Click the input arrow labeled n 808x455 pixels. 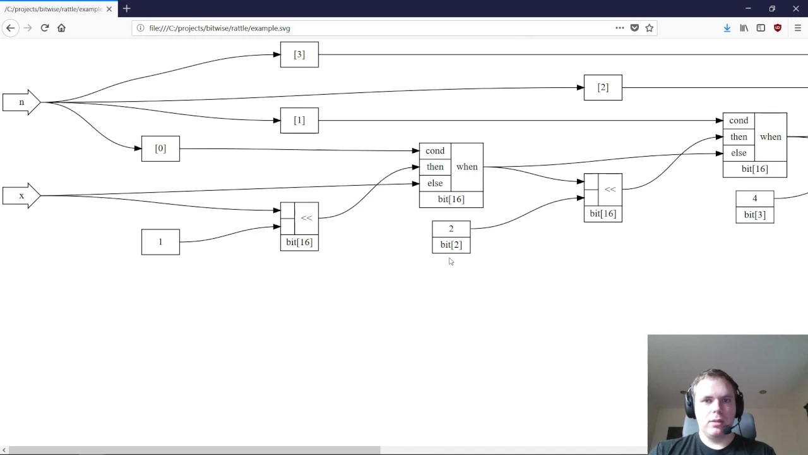pyautogui.click(x=21, y=102)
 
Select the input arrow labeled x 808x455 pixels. pyautogui.click(x=21, y=196)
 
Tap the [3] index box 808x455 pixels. pyautogui.click(x=299, y=54)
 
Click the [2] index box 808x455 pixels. pyautogui.click(x=603, y=87)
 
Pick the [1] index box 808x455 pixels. pyautogui.click(x=299, y=120)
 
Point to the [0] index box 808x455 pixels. pyautogui.click(x=160, y=149)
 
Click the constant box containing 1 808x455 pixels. pyautogui.click(x=160, y=242)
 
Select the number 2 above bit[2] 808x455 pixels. pyautogui.click(x=451, y=229)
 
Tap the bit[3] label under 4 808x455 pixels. pyautogui.click(x=755, y=215)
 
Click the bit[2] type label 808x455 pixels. pyautogui.click(x=451, y=245)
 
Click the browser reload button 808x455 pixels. pyautogui.click(x=45, y=28)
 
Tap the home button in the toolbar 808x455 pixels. pyautogui.click(x=61, y=28)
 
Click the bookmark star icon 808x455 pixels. pyautogui.click(x=650, y=28)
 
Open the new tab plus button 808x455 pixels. pyautogui.click(x=127, y=9)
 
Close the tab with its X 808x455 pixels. pyautogui.click(x=109, y=9)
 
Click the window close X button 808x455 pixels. pyautogui.click(x=796, y=9)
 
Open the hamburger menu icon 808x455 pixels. pyautogui.click(x=798, y=28)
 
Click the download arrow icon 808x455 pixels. pyautogui.click(x=727, y=28)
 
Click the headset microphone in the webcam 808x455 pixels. pyautogui.click(x=728, y=430)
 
